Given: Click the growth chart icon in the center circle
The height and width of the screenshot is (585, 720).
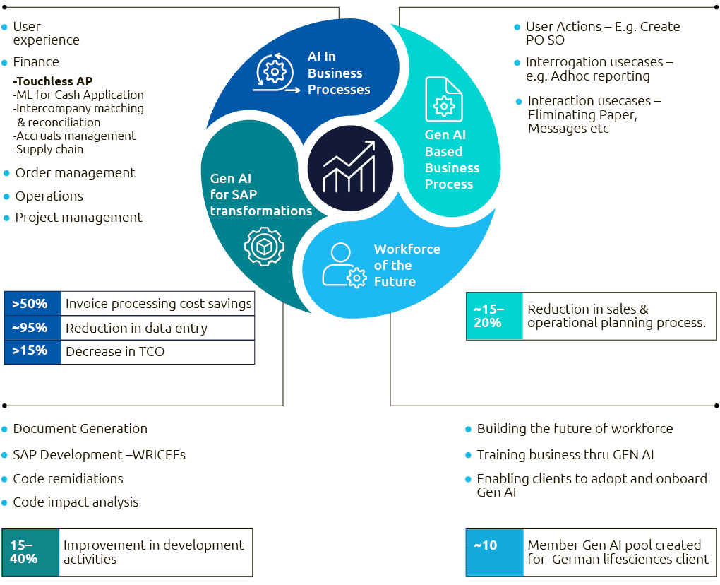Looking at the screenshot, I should [x=349, y=167].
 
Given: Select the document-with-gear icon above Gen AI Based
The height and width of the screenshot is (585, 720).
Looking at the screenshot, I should [x=443, y=100].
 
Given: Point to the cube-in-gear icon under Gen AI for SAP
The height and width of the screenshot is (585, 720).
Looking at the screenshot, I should [x=264, y=246].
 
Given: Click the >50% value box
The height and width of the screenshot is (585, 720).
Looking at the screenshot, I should [x=32, y=305].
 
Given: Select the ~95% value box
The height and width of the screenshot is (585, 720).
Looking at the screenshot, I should [x=32, y=328].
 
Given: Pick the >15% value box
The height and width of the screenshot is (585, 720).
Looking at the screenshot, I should [x=32, y=351].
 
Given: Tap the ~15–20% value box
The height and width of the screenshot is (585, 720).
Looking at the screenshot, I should [x=494, y=316].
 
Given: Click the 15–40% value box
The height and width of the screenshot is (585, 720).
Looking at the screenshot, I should [x=31, y=552].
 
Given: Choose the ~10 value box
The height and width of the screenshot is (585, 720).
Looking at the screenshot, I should [x=494, y=552].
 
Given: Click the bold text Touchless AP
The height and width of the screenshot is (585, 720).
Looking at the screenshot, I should [x=54, y=81].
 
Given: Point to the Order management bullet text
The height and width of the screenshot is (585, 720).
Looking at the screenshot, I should [x=75, y=173].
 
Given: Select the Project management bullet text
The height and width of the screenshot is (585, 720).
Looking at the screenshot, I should [x=78, y=218].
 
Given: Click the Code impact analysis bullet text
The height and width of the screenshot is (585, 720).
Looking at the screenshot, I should [x=76, y=502].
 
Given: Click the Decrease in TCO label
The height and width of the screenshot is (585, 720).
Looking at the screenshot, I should [x=114, y=351].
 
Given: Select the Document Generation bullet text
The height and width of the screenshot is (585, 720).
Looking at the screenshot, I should [x=80, y=429].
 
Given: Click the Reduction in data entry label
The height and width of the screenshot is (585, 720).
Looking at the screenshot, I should [x=136, y=328].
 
